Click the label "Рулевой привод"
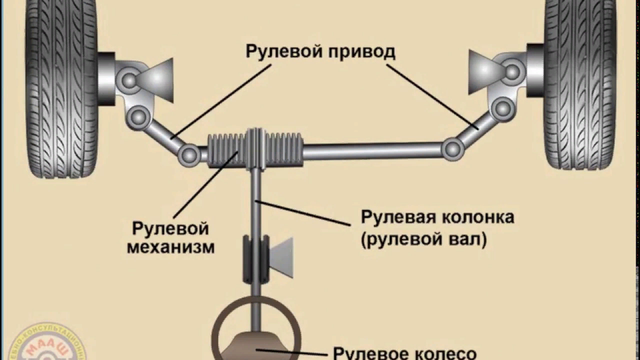pyautogui.click(x=320, y=52)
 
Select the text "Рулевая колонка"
pyautogui.click(x=437, y=218)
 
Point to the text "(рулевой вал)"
pyautogui.click(x=424, y=239)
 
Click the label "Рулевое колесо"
pyautogui.click(x=404, y=353)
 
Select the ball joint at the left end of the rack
pyautogui.click(x=189, y=154)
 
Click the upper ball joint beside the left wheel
pyautogui.click(x=130, y=80)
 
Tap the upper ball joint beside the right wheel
pyautogui.click(x=513, y=71)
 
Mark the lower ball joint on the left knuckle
pyautogui.click(x=137, y=115)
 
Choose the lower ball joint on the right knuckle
pyautogui.click(x=502, y=109)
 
